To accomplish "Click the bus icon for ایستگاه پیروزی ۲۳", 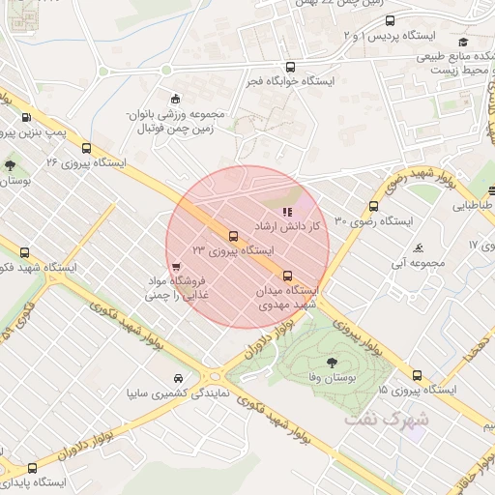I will click(x=232, y=236).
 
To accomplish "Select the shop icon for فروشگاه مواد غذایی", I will click(x=175, y=268).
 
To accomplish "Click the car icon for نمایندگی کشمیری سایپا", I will click(x=178, y=378).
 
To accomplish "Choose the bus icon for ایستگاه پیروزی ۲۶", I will click(x=87, y=149).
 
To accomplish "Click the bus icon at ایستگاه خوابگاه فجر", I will click(x=291, y=67).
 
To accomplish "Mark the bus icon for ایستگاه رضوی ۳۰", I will click(x=373, y=206).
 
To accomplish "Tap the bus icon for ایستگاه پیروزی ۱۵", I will click(x=417, y=375).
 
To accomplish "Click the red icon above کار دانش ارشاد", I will click(x=285, y=212).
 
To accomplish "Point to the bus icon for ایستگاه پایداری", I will click(x=32, y=467).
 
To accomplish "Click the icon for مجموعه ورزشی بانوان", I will click(x=175, y=98).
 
